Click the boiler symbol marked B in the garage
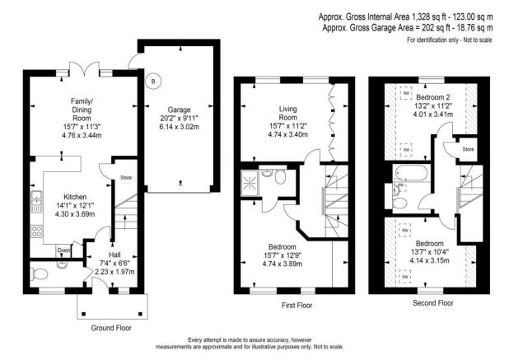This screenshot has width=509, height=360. (x=152, y=81)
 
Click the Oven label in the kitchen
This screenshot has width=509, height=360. (x=63, y=250)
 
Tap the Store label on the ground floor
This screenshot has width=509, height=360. (x=125, y=176)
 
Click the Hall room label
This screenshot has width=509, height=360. (x=114, y=255)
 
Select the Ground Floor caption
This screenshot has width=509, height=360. (x=110, y=328)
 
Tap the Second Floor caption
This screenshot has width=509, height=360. (x=433, y=303)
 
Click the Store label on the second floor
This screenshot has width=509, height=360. (x=468, y=149)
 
